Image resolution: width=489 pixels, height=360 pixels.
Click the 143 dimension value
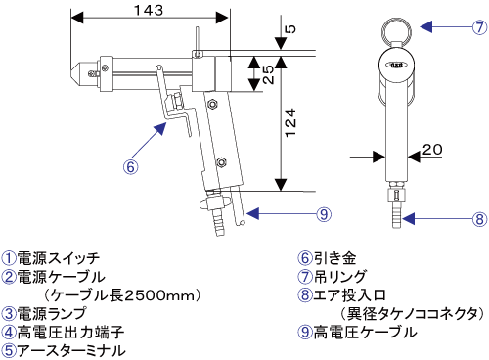149,10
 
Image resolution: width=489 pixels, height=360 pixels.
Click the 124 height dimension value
290,122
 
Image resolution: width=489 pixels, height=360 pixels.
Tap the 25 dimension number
268,74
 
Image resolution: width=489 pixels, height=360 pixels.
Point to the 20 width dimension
432,150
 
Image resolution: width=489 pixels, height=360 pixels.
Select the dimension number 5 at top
290,29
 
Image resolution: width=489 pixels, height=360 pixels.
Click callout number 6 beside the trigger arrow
130,167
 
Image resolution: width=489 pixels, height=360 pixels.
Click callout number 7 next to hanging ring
479,27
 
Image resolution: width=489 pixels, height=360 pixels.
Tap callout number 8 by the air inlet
479,219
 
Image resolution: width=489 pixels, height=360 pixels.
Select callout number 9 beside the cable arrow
324,214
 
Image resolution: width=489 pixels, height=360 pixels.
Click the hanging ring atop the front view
396,32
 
